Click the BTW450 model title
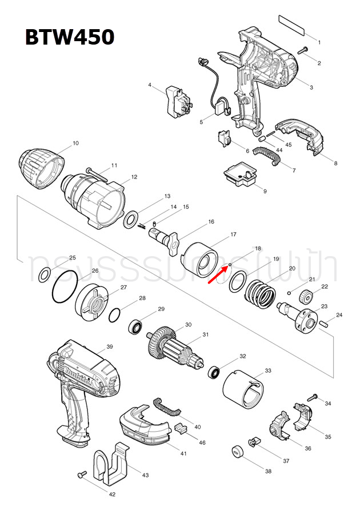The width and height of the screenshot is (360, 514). click(69, 37)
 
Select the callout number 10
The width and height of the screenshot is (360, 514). click(75, 143)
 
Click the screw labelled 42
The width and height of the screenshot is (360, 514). click(82, 475)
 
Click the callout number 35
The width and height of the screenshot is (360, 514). click(327, 437)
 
